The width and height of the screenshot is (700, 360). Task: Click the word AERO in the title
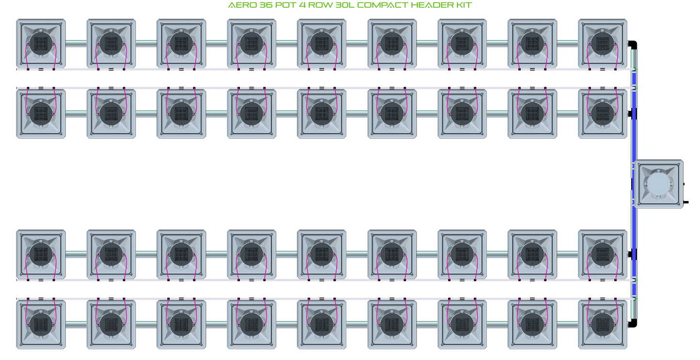(x=240, y=5)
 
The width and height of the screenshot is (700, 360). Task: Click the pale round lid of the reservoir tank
(x=659, y=185)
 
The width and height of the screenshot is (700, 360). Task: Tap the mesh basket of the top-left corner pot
(x=41, y=43)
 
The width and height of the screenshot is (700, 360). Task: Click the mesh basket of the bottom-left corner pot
(x=41, y=324)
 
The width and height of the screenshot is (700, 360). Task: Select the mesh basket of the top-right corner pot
(x=603, y=43)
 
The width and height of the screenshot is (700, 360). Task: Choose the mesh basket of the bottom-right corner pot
(x=603, y=324)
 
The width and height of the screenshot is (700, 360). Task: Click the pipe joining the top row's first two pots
(x=76, y=44)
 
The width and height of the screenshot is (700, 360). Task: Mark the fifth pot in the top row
(x=322, y=43)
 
